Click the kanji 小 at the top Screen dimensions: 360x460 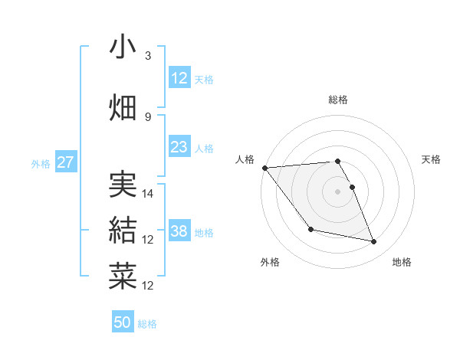[x=123, y=47]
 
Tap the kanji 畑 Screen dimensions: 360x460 [x=123, y=107]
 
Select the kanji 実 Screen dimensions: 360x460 [x=123, y=184]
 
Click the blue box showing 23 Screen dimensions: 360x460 [x=179, y=148]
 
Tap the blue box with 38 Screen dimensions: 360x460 [x=179, y=231]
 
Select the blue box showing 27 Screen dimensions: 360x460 [x=65, y=162]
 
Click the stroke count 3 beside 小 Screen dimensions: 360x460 [x=148, y=56]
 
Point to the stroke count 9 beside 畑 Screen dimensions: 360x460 [x=148, y=116]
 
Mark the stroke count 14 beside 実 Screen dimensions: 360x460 [x=149, y=194]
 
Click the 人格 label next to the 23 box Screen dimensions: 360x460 [x=204, y=149]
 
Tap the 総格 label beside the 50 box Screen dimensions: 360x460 [x=147, y=324]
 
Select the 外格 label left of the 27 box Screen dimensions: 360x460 [x=41, y=163]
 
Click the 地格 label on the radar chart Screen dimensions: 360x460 [x=402, y=263]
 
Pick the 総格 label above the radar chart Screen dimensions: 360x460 [x=337, y=100]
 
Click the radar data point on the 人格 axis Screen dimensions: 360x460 [x=264, y=168]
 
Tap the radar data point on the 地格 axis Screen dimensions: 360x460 [x=373, y=242]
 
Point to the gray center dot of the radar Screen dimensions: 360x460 [x=337, y=191]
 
